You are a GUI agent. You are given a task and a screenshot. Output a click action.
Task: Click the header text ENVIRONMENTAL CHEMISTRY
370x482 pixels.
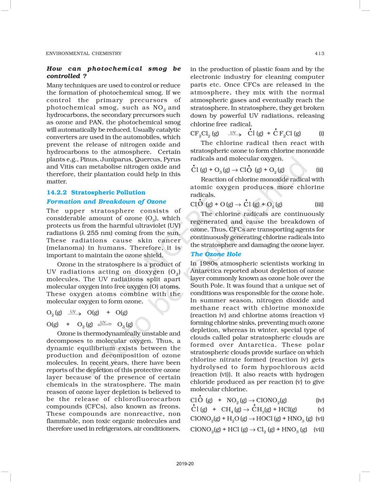(x=84, y=54)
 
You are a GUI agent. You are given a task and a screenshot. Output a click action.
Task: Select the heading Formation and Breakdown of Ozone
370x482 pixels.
(x=106, y=201)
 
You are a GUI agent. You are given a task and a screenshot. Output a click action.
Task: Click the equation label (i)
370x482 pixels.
(x=321, y=133)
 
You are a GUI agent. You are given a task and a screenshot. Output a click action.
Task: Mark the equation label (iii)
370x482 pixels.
(x=319, y=204)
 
